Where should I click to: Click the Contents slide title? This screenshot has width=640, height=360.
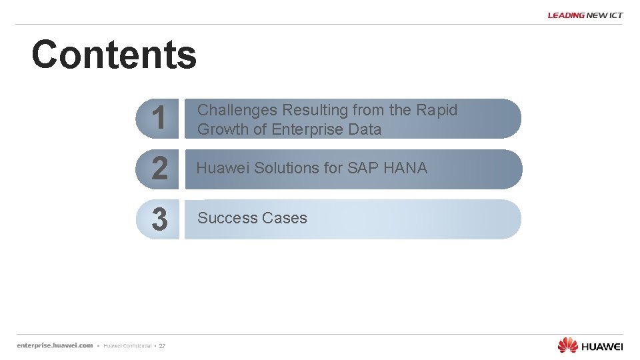[x=114, y=55]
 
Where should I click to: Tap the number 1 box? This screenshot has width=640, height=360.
[x=159, y=119]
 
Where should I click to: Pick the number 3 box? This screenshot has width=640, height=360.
[x=159, y=219]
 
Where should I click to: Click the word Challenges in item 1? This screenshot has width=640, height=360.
[x=237, y=110]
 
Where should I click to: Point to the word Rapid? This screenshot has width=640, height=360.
[x=437, y=110]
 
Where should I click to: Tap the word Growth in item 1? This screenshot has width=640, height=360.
[x=223, y=129]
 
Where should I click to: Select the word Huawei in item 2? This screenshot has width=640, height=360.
[x=223, y=168]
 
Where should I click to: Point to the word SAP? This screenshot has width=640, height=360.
[x=363, y=168]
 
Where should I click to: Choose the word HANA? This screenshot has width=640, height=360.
[x=405, y=168]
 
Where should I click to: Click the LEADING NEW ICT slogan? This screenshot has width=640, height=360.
[x=585, y=15]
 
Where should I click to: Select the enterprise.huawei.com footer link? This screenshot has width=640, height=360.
[x=55, y=345]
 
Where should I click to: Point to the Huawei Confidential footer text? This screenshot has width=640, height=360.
[x=127, y=346]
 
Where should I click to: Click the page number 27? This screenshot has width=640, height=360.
[x=162, y=346]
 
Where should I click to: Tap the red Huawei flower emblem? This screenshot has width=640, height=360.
[x=567, y=345]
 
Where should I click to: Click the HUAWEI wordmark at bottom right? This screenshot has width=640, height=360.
[x=602, y=346]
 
